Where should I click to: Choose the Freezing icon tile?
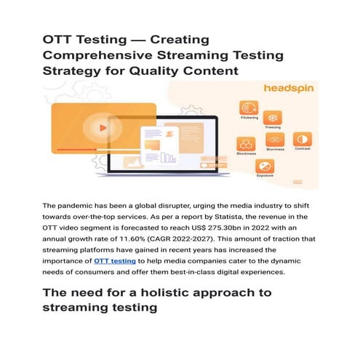(273, 117)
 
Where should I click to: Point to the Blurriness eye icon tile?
(274, 140)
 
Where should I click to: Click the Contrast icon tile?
(299, 139)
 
